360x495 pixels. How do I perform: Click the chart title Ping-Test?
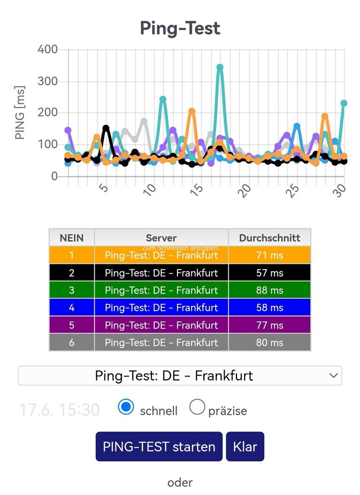(180, 28)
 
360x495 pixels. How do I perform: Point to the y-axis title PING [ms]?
(19, 112)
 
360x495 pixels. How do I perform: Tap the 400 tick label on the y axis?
(48, 49)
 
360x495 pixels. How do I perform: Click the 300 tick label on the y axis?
(48, 81)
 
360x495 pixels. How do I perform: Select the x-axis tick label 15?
(197, 190)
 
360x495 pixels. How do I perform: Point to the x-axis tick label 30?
(339, 190)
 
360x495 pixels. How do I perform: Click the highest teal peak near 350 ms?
(220, 67)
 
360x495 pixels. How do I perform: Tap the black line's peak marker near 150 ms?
(106, 128)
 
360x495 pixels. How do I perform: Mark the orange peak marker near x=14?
(191, 111)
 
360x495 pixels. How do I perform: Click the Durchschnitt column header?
(270, 238)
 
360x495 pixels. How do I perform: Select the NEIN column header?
(72, 238)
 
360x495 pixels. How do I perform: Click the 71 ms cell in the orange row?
(270, 255)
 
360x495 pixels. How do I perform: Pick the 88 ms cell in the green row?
(270, 290)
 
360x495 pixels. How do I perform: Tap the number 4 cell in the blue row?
(72, 308)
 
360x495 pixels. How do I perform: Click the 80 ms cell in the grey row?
(270, 342)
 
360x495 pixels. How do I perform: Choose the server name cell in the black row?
(161, 273)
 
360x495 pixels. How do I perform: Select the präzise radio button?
(197, 407)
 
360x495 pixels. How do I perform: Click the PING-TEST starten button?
(159, 446)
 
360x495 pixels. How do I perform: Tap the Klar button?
(245, 446)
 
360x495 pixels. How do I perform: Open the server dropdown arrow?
(334, 376)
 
